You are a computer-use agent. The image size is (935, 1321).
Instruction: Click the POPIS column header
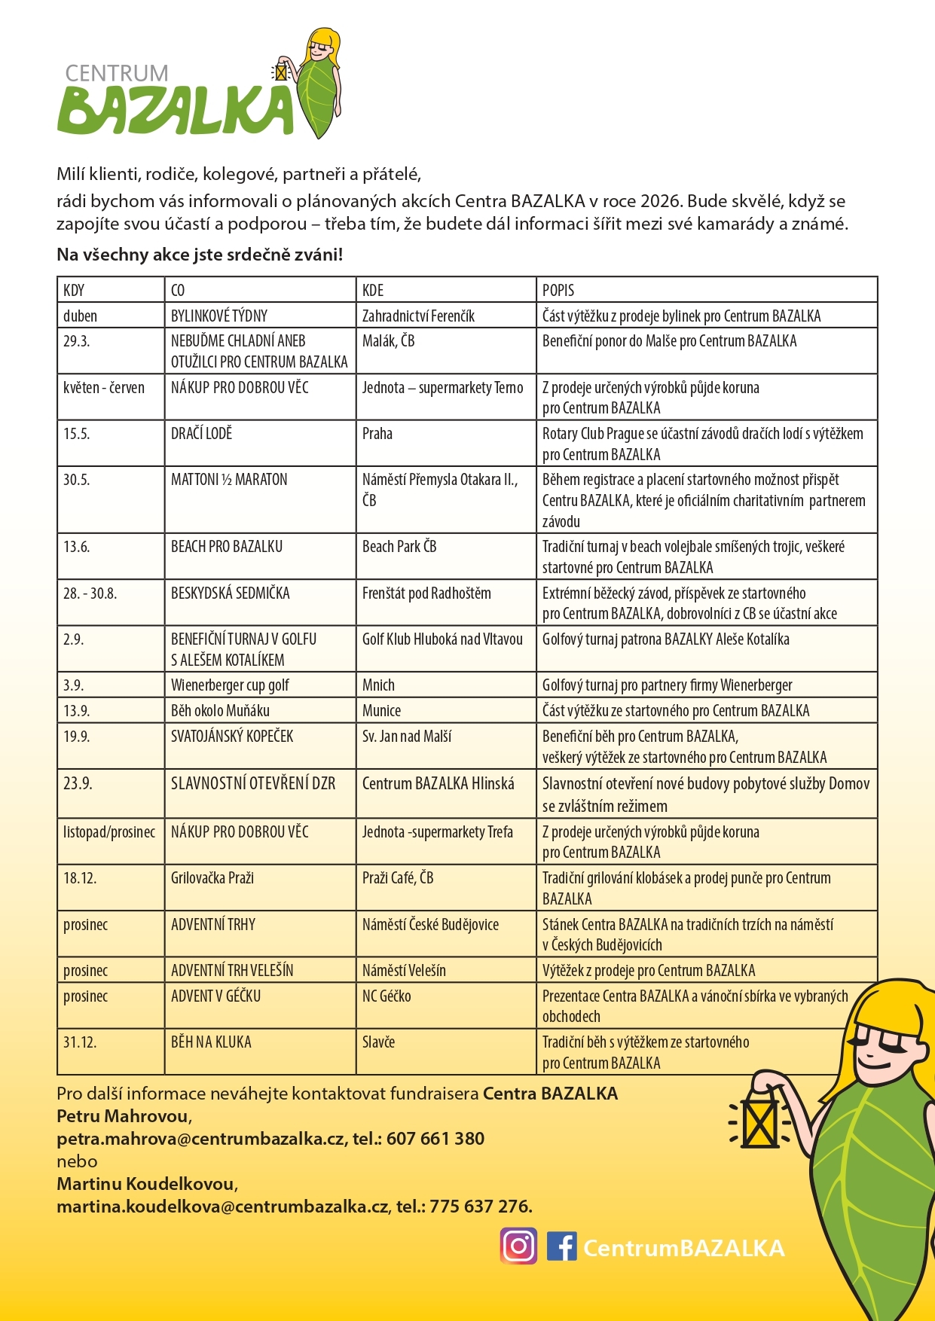[558, 290]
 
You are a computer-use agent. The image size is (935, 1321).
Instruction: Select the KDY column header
[74, 290]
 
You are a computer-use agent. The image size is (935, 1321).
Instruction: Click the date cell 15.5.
[76, 434]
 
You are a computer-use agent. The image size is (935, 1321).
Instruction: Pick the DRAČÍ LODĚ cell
[202, 434]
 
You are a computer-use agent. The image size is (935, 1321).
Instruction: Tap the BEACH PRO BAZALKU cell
[227, 547]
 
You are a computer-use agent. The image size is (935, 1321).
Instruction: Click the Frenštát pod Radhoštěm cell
[426, 593]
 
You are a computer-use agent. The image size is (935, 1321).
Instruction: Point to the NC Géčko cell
[387, 996]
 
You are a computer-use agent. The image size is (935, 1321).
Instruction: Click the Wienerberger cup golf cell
[230, 685]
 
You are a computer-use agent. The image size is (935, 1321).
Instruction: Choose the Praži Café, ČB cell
[398, 878]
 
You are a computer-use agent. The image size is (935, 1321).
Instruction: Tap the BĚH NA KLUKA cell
[211, 1042]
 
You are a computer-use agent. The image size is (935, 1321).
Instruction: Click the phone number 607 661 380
[435, 1139]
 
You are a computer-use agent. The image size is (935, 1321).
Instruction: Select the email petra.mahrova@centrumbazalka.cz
[200, 1139]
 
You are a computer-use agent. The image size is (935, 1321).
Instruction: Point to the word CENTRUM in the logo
[117, 73]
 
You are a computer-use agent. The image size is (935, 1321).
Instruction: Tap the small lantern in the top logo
[281, 72]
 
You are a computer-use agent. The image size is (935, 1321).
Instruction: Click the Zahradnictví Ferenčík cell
[418, 316]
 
